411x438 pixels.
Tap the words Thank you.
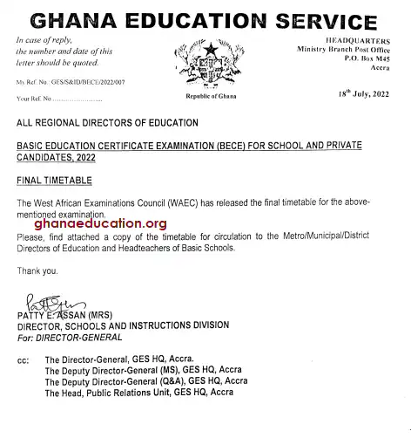(35, 270)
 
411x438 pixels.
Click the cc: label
(23, 359)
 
